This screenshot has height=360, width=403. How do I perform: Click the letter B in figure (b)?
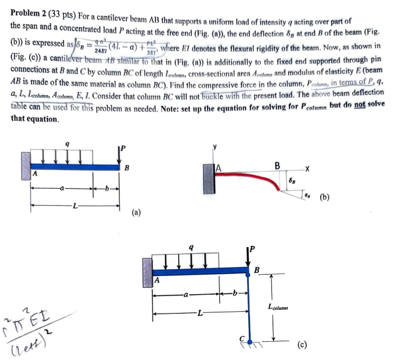pyautogui.click(x=277, y=164)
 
